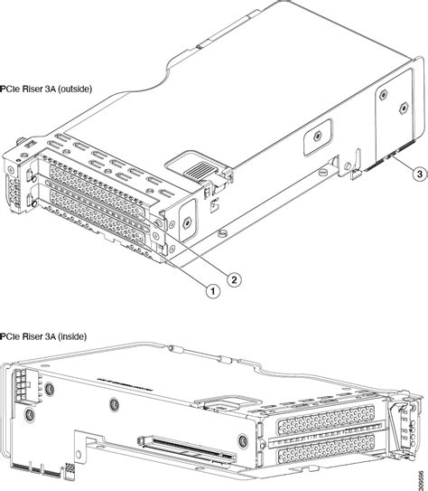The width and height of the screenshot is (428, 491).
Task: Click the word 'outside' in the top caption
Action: (x=87, y=90)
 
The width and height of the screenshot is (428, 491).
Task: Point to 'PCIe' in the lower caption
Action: (x=13, y=336)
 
